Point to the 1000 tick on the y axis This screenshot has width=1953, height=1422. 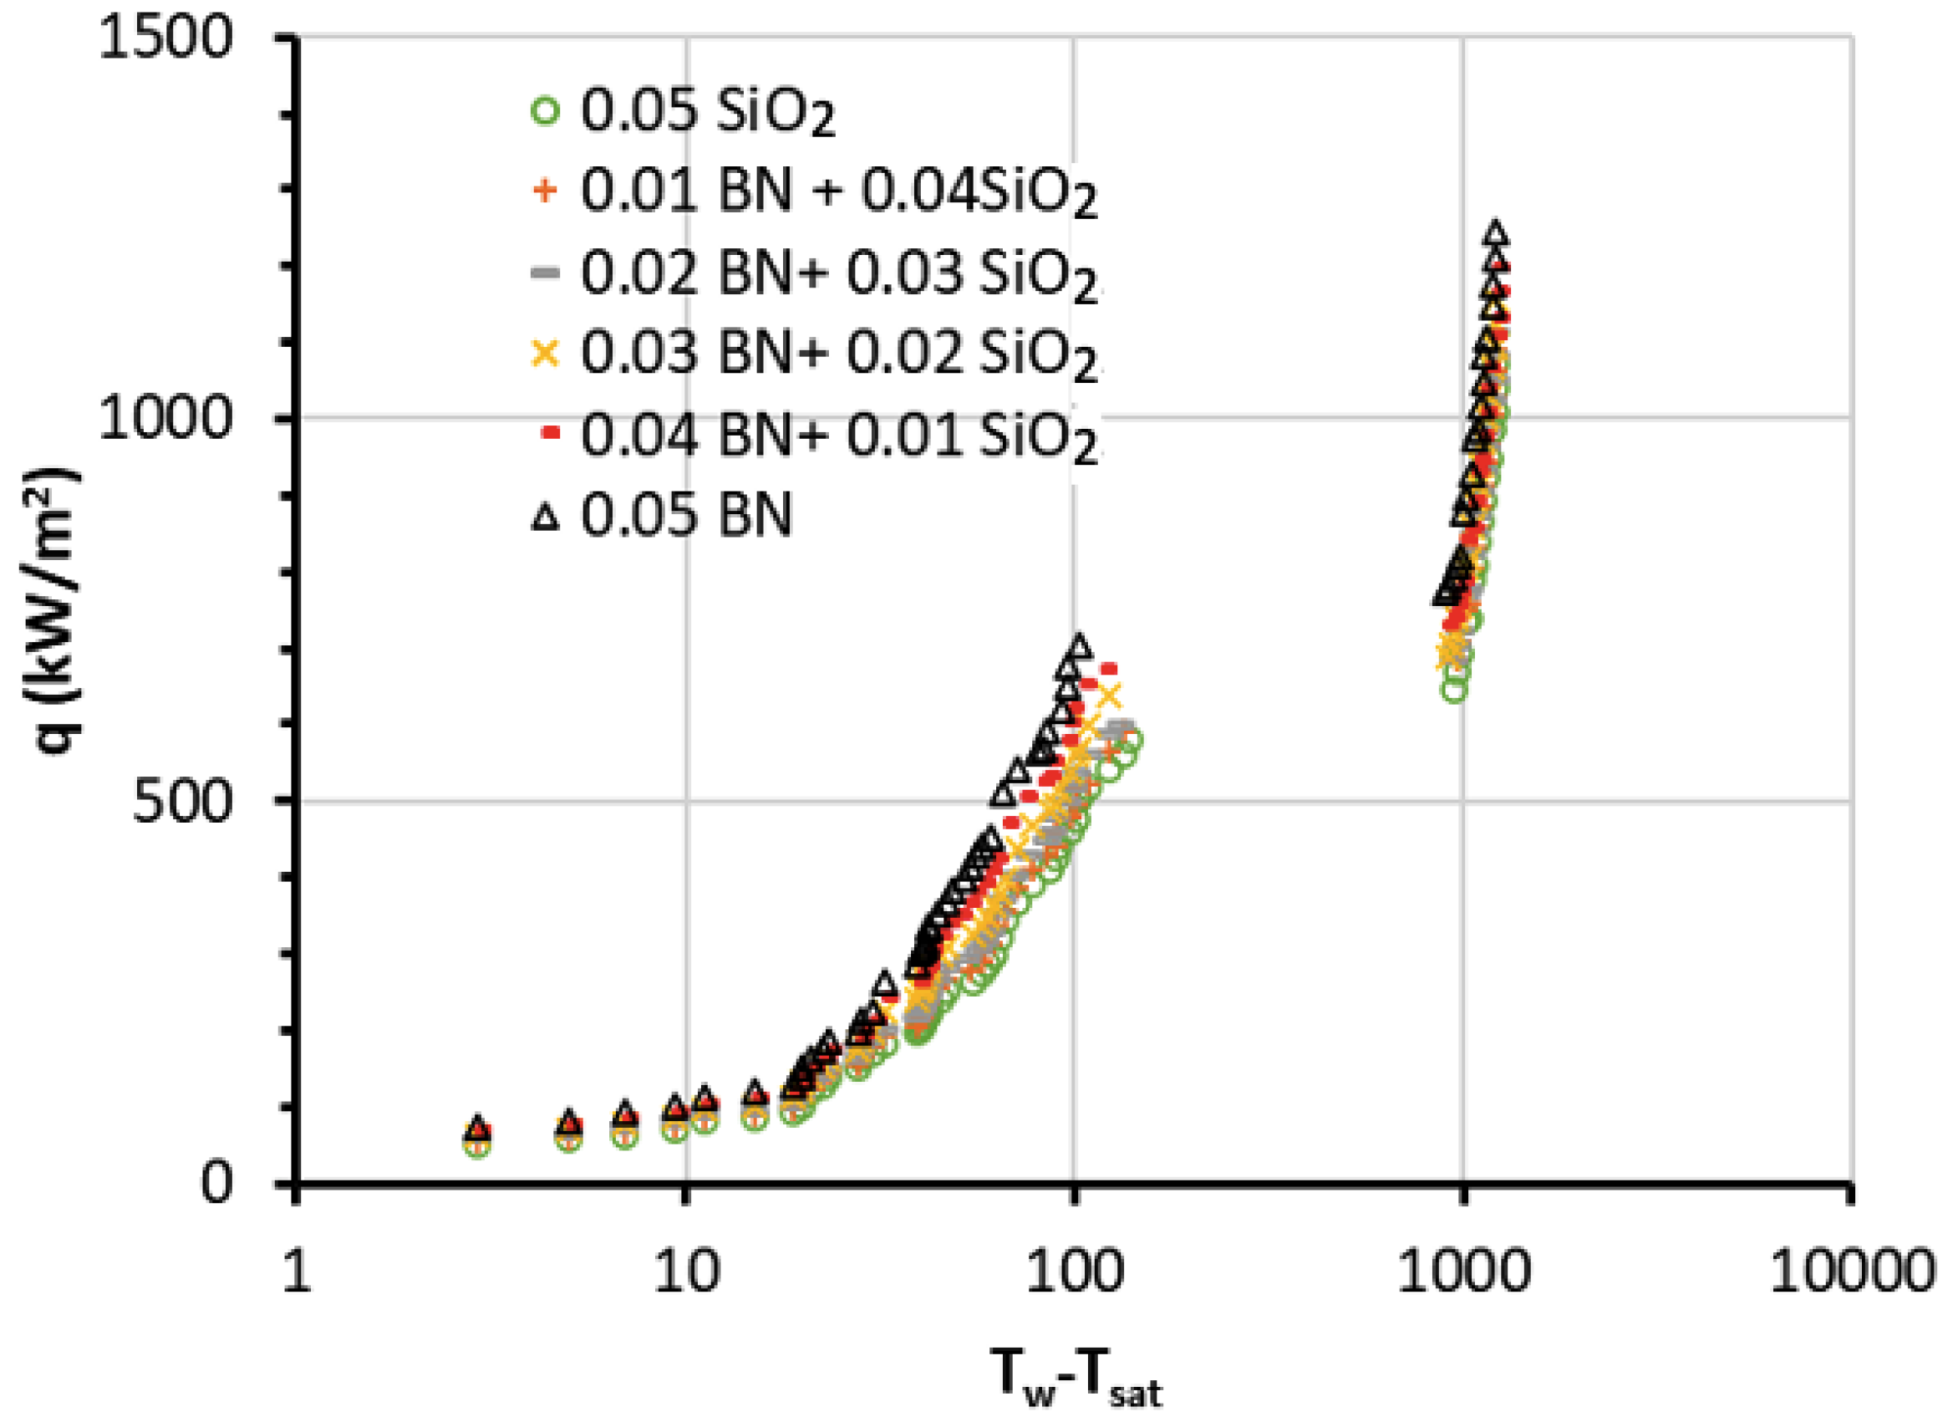coord(165,420)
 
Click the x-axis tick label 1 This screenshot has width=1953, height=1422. coord(295,1272)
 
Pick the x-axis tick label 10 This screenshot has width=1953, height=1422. coord(685,1272)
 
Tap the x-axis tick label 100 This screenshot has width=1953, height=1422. coord(1074,1272)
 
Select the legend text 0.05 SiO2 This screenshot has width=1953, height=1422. coord(708,113)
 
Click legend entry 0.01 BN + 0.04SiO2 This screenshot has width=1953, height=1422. coord(838,191)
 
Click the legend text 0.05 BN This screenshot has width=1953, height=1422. coord(685,517)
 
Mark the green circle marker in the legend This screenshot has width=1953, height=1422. coord(546,112)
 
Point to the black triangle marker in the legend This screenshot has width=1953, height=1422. coord(546,517)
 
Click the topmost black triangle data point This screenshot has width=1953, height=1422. coord(1495,233)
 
